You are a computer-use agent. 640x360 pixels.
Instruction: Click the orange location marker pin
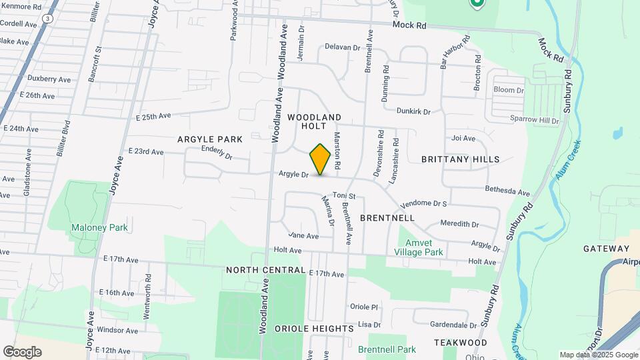click(x=320, y=159)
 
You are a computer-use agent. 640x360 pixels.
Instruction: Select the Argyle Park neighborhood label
click(x=209, y=139)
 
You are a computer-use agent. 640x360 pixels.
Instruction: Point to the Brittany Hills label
click(x=460, y=159)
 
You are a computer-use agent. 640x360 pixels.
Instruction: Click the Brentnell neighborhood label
click(x=387, y=218)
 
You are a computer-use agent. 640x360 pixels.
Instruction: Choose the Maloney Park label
click(x=99, y=227)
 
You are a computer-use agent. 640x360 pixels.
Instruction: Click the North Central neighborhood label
click(x=265, y=270)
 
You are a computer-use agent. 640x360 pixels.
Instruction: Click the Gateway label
click(x=606, y=249)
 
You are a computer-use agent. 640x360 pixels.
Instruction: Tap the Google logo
click(x=22, y=352)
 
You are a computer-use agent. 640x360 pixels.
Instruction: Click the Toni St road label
click(x=345, y=196)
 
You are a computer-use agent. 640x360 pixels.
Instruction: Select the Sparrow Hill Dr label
click(x=533, y=121)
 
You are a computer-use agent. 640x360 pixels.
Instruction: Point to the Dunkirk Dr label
click(x=413, y=111)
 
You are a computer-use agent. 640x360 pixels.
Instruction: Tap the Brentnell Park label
click(x=387, y=349)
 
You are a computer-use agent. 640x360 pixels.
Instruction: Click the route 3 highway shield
click(x=47, y=19)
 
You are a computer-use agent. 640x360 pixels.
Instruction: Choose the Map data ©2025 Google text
click(x=599, y=355)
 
